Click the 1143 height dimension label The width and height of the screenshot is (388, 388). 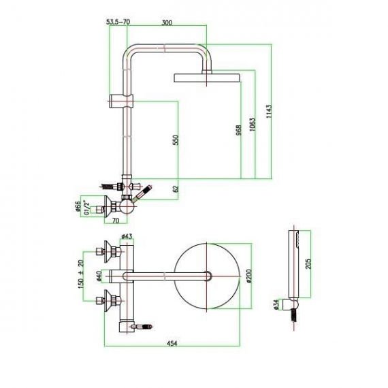click(269, 112)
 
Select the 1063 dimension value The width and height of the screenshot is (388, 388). click(253, 125)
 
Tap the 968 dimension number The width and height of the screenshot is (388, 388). click(238, 130)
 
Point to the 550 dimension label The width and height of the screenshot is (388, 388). click(175, 140)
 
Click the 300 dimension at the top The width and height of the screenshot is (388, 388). click(167, 22)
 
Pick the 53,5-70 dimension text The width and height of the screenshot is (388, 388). click(118, 22)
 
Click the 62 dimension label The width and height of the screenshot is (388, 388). click(175, 189)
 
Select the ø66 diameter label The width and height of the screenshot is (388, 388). click(78, 207)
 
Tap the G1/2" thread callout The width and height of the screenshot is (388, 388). click(86, 208)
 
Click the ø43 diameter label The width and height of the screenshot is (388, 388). click(127, 237)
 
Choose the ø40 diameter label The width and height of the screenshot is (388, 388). click(99, 276)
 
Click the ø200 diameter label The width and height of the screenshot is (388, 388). click(248, 276)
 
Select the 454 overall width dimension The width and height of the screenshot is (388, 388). click(172, 344)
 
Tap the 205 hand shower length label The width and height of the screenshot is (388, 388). click(308, 264)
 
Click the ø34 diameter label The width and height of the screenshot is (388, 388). click(276, 304)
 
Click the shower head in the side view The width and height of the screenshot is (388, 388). click(207, 78)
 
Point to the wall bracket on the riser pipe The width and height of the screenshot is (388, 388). click(121, 101)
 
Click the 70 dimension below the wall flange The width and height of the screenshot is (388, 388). click(116, 221)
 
